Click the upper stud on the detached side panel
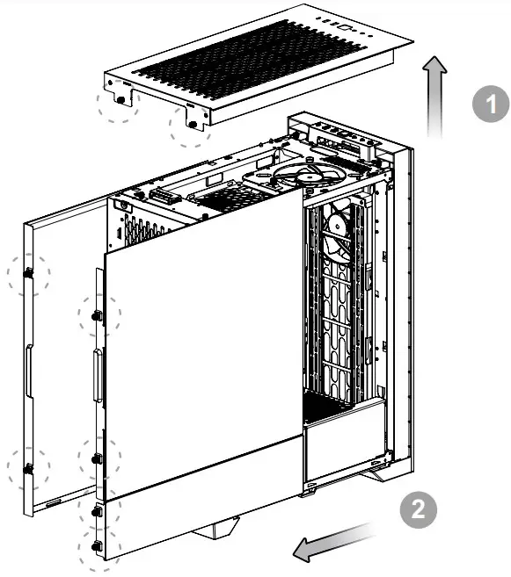[x=29, y=274]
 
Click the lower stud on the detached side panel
[x=29, y=469]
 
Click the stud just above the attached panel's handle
[x=97, y=314]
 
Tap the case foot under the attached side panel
[x=215, y=530]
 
